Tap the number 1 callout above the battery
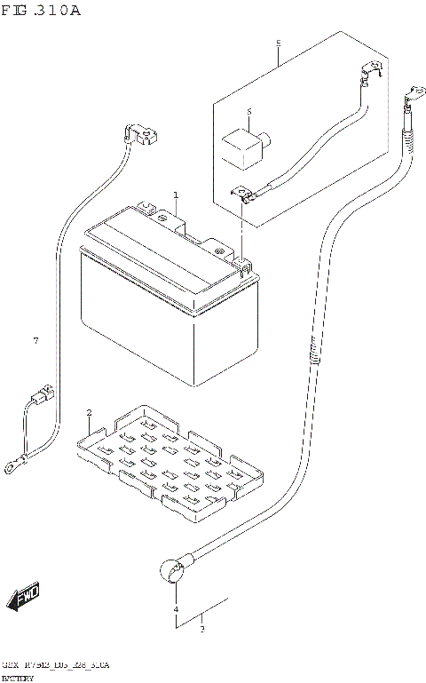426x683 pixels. click(x=176, y=195)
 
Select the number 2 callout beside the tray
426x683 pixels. click(x=89, y=414)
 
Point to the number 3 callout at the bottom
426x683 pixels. click(x=202, y=631)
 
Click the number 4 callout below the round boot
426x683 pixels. click(x=176, y=610)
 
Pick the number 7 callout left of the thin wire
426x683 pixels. click(x=35, y=341)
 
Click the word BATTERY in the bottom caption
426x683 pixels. click(x=18, y=678)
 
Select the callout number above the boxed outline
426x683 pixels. click(x=278, y=43)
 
